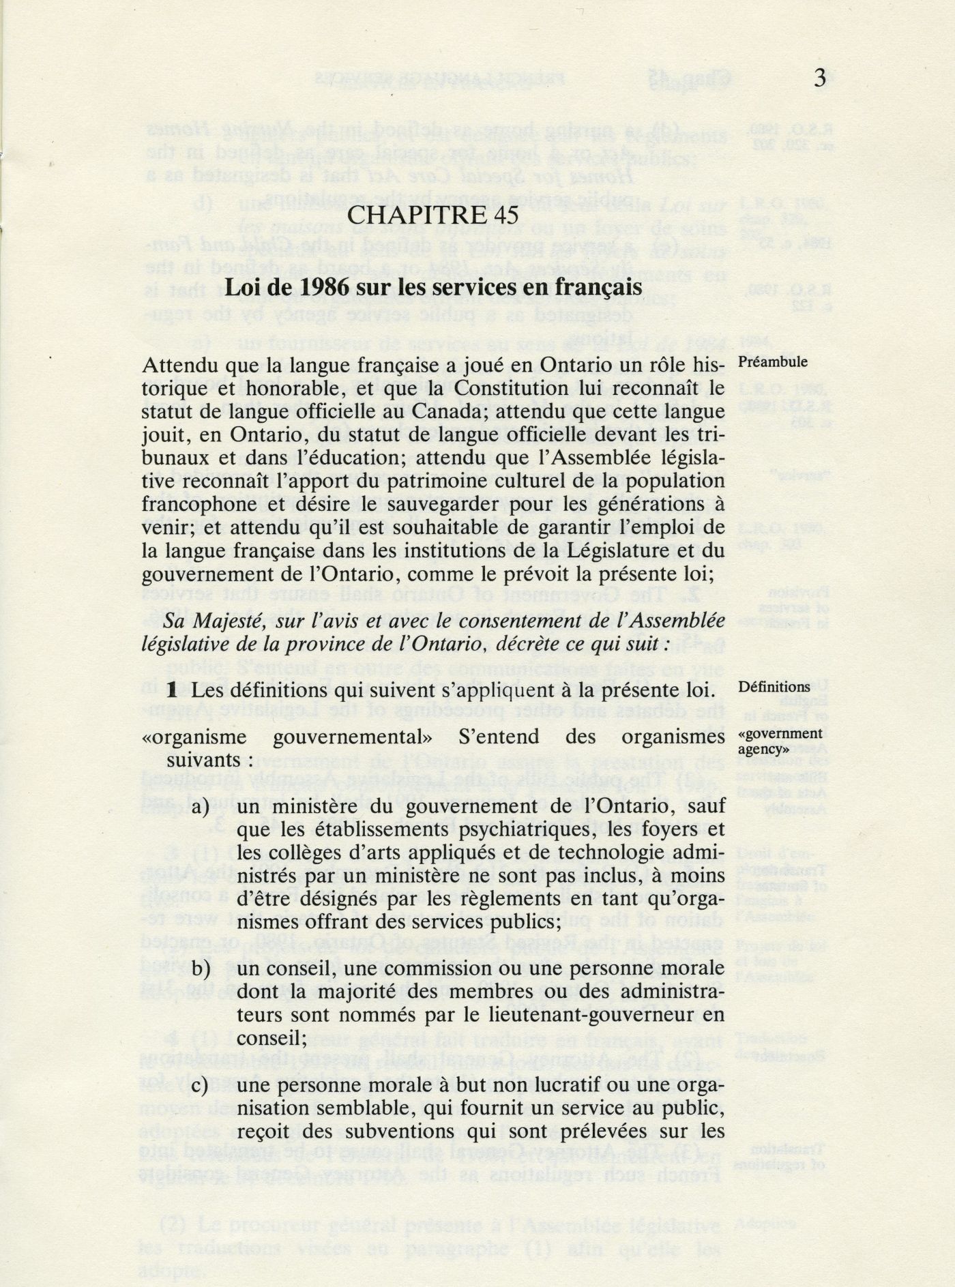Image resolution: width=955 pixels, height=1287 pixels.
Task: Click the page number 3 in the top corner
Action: coord(820,78)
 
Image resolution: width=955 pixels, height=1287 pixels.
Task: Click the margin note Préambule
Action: coord(774,362)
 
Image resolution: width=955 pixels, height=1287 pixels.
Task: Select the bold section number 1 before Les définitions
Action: coord(173,690)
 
